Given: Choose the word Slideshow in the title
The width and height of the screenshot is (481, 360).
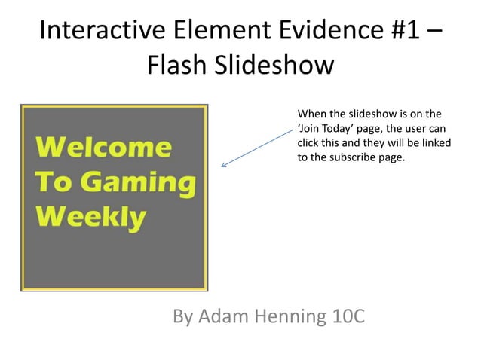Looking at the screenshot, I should pos(275,66).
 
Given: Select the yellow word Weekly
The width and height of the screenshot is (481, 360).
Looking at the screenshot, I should pos(91,217).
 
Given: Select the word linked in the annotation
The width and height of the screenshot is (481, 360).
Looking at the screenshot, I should pos(427,144).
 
